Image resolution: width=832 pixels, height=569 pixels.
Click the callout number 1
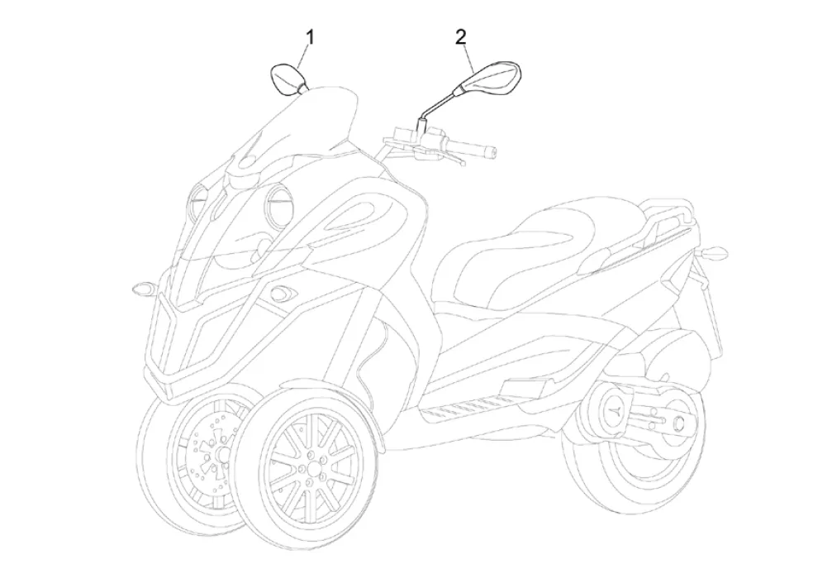[x=311, y=36]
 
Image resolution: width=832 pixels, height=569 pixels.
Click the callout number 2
[x=460, y=36]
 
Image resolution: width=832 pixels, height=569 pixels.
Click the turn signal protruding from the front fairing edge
[x=141, y=289]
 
